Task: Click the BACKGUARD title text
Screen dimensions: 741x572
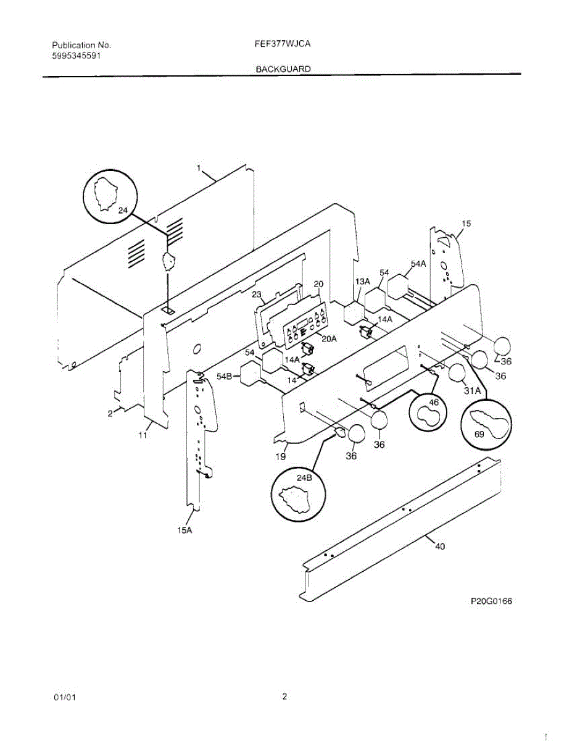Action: [x=283, y=69]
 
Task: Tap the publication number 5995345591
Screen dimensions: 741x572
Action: [x=77, y=56]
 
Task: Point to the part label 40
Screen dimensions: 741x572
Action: [x=439, y=546]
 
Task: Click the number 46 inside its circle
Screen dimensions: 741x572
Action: [x=434, y=402]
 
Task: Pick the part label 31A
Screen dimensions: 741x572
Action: [x=472, y=390]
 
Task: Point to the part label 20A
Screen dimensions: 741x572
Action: [x=329, y=338]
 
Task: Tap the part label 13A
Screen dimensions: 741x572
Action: [x=362, y=282]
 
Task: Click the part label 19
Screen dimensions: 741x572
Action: [x=281, y=457]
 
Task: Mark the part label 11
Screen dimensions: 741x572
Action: [x=143, y=436]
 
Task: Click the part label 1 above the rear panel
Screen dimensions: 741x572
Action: [x=199, y=168]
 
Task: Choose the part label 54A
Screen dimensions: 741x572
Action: [x=418, y=264]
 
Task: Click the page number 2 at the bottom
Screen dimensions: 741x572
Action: [x=284, y=697]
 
